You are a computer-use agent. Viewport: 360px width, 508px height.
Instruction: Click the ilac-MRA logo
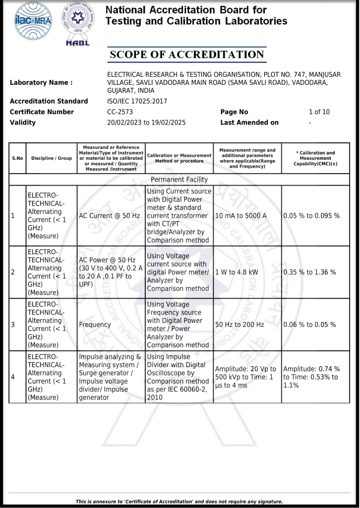point(33,20)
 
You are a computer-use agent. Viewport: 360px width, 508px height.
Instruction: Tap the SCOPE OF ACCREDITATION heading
point(186,55)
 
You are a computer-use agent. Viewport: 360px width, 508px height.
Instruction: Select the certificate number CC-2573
point(120,112)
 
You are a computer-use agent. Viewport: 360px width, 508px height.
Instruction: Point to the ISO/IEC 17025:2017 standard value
point(137,101)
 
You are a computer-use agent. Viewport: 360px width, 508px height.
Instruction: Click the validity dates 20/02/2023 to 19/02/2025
point(146,123)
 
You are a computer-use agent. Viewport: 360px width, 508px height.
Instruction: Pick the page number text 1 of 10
point(319,112)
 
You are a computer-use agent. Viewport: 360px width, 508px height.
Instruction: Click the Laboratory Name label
point(41,83)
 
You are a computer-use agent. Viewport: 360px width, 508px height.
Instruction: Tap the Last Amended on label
point(249,123)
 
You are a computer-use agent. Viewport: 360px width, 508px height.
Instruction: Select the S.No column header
point(17,158)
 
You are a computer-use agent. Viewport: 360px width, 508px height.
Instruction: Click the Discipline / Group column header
point(52,158)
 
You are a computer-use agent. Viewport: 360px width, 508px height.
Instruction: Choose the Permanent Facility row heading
point(179,180)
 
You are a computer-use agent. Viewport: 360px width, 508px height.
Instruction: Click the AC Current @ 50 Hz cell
point(109,216)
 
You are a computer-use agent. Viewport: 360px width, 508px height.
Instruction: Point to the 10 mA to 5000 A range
point(241,216)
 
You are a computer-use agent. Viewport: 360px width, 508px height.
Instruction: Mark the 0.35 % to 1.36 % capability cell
point(309,272)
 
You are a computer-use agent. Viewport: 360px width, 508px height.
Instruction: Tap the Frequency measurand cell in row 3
point(95,324)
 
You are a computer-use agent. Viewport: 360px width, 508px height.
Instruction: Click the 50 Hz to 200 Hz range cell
point(240,324)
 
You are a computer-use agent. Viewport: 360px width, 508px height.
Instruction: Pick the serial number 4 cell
point(13,377)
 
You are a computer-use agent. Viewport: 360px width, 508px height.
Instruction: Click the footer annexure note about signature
point(180,502)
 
